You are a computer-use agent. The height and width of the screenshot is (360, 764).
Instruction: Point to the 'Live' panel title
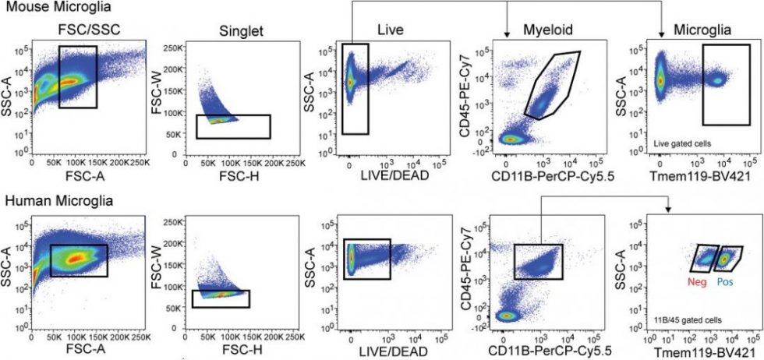pyautogui.click(x=391, y=29)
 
